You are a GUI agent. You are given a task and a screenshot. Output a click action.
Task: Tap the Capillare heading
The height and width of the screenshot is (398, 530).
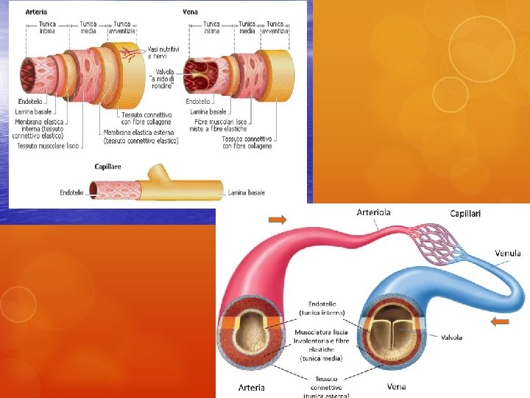click(108, 167)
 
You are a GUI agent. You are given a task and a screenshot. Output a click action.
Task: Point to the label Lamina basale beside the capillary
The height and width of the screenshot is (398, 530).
click(247, 193)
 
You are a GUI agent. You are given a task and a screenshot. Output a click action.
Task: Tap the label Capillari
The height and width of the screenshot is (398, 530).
click(465, 214)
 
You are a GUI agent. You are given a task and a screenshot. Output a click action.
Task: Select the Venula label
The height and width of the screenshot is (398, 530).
click(507, 253)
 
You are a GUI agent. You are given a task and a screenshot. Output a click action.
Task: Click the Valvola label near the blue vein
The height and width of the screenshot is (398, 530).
click(451, 338)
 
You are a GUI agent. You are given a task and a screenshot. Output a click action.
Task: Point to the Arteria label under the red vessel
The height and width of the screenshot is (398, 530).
click(251, 387)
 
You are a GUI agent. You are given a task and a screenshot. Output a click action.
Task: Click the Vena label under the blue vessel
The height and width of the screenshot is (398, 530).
click(396, 386)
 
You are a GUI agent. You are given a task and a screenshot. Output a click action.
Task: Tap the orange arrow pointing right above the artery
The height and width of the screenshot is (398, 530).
click(278, 219)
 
